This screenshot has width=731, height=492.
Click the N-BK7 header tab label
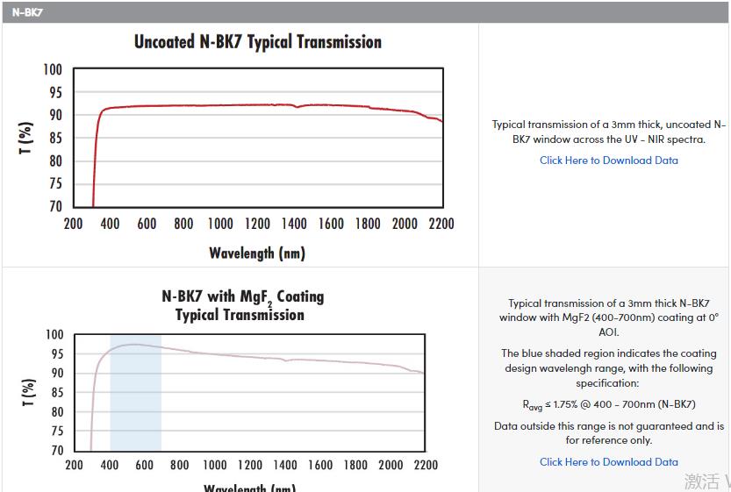26,13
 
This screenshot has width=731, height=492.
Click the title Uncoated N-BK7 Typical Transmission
257,42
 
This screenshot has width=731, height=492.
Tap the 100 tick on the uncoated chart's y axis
54,70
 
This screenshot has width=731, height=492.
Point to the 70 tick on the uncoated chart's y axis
54,207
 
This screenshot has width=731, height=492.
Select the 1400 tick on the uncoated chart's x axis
294,224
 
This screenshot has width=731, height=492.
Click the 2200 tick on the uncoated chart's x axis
441,224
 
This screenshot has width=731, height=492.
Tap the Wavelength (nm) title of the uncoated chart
257,253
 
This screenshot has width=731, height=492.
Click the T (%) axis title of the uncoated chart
26,139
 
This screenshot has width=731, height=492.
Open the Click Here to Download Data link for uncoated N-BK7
608,160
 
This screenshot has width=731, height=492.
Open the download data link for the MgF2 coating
608,462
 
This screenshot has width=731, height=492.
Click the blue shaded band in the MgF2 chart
135,403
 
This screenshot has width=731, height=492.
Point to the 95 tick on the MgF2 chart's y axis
54,354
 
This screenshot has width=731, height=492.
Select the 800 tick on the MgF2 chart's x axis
179,466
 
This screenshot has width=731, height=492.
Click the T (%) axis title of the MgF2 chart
28,393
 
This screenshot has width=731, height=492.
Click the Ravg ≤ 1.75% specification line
608,404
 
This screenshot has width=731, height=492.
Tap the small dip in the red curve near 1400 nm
297,107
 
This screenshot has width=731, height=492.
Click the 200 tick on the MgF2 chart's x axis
75,466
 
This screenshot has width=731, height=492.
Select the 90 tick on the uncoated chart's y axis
54,116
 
